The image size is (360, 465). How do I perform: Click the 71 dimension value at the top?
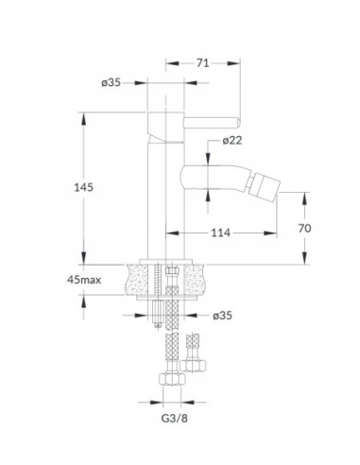pos(203,63)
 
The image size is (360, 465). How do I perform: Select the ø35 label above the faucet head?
pos(111,82)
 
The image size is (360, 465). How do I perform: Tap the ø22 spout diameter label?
pos(232,140)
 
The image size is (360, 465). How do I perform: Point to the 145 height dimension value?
pos(84,187)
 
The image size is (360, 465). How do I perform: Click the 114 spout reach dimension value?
pos(220,232)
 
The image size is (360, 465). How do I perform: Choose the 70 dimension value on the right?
pos(304,228)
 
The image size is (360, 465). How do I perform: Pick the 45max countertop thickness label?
pos(84,279)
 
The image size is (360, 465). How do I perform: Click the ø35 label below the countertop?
pos(222,315)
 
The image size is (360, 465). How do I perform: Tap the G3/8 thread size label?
pos(174,419)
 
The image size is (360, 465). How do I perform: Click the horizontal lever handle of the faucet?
pos(212,123)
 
